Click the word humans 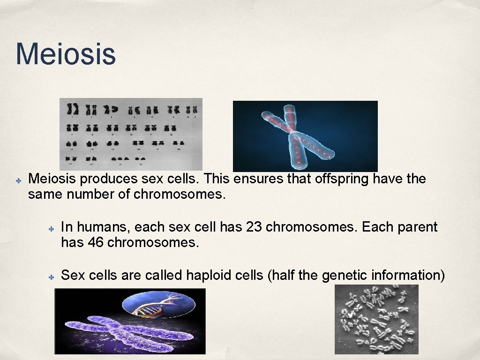pos(103,227)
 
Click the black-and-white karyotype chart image pos(131,134)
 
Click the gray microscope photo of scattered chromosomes pos(376,320)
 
